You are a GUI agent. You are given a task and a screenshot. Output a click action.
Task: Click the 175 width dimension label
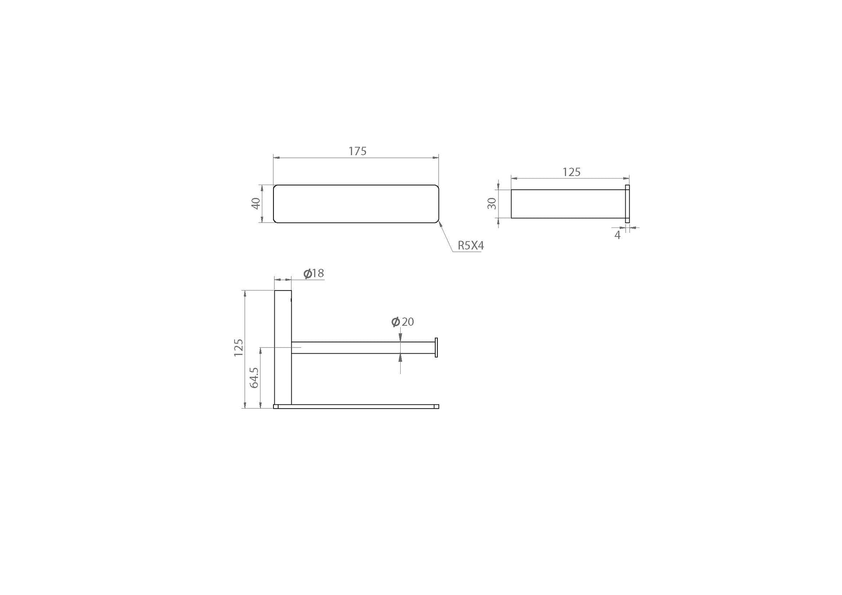click(x=357, y=151)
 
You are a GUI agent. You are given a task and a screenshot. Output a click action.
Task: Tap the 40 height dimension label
click(x=256, y=203)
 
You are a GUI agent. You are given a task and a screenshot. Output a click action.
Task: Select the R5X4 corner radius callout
click(x=471, y=246)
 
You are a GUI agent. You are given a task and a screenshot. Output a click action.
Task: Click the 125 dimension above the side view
click(x=571, y=172)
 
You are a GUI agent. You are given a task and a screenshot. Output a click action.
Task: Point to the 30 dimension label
click(x=492, y=203)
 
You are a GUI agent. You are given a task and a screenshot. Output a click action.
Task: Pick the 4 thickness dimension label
click(x=617, y=235)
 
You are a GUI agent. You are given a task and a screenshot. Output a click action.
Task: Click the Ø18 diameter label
click(x=314, y=273)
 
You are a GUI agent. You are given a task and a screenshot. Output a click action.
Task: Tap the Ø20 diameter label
click(x=402, y=322)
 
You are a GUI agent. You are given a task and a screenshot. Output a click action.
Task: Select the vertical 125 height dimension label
click(x=238, y=348)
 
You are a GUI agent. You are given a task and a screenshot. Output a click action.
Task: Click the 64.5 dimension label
click(x=254, y=377)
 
